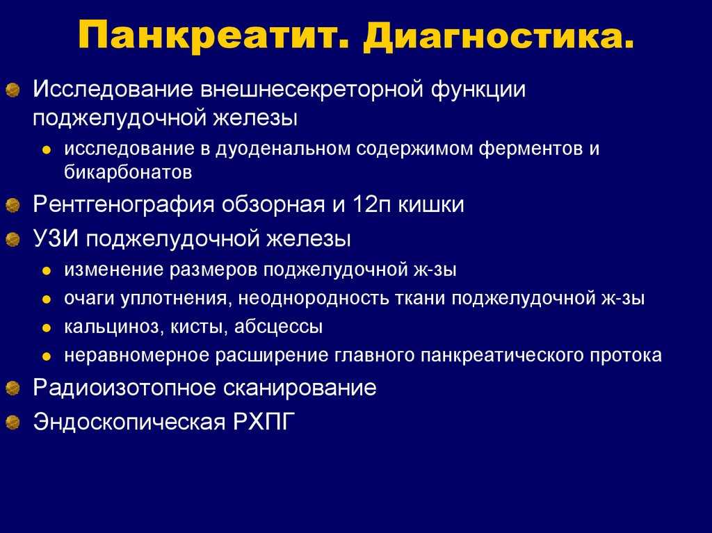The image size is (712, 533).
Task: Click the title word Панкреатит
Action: click(x=213, y=36)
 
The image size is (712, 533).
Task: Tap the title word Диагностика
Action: click(x=498, y=36)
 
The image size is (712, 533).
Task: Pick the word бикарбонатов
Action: click(x=128, y=172)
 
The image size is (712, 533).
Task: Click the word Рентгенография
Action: click(x=124, y=205)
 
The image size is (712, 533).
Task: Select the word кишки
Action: click(x=431, y=205)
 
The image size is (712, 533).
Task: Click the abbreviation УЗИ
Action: click(x=56, y=238)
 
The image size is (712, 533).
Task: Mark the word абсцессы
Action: click(x=278, y=327)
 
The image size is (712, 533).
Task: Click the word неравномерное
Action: click(x=136, y=356)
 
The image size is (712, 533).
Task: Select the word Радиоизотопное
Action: click(x=124, y=388)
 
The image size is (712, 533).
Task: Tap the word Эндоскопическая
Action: click(x=129, y=422)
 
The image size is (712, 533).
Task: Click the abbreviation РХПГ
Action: click(x=264, y=422)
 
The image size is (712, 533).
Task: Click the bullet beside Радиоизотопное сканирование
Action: click(x=13, y=388)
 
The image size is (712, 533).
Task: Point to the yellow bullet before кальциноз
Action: click(x=47, y=328)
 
